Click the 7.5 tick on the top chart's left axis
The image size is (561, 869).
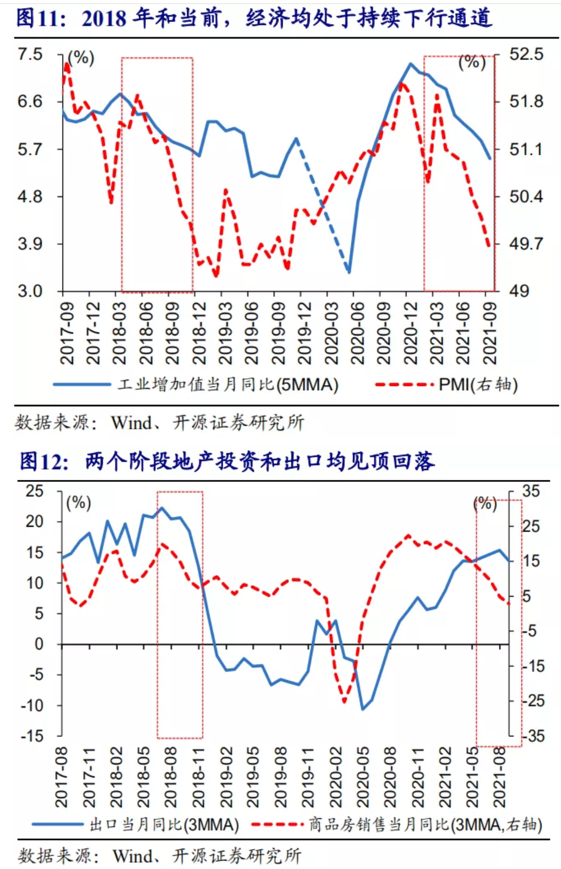point(30,54)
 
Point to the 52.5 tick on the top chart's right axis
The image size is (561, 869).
point(526,54)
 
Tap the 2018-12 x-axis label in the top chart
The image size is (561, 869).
point(199,333)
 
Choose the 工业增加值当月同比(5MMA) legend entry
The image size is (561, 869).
point(227,385)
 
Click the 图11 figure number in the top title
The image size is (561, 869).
point(41,18)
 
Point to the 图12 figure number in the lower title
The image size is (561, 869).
point(44,462)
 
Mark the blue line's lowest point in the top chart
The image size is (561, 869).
point(348,272)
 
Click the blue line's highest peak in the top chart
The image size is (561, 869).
point(411,64)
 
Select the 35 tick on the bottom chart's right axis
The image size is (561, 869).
point(531,491)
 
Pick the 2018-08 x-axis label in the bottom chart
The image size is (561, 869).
point(170,777)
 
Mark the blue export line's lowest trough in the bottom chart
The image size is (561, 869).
point(363,709)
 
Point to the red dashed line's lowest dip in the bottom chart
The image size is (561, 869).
point(344,702)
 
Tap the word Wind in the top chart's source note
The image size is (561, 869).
point(131,423)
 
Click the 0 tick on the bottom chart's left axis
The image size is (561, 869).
point(39,644)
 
